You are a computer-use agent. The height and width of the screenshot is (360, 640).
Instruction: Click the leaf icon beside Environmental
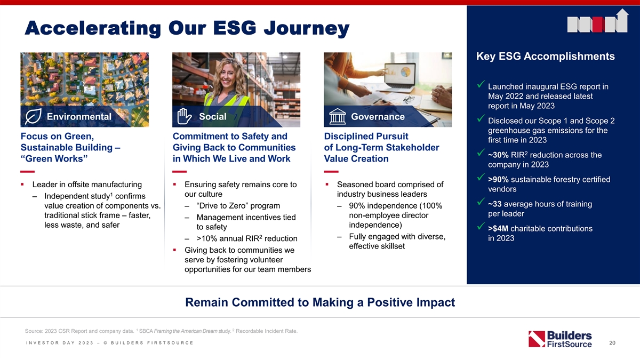[x=33, y=116]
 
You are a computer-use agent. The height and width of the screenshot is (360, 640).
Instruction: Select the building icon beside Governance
[x=337, y=117]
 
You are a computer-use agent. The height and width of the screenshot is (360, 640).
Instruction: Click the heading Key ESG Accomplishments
[x=546, y=57]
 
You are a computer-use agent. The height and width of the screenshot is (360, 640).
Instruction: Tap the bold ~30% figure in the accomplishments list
[x=498, y=155]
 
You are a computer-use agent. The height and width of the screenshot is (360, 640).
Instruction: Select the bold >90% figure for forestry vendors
[x=498, y=179]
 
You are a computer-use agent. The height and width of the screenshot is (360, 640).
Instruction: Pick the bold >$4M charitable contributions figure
[x=498, y=229]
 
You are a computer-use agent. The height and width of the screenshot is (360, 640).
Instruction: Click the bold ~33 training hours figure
[x=495, y=204]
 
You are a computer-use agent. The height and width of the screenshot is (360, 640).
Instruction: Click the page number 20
[x=612, y=343]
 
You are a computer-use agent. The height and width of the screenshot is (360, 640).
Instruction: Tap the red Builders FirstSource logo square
[x=537, y=339]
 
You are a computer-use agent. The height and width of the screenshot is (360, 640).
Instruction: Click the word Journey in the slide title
[x=307, y=29]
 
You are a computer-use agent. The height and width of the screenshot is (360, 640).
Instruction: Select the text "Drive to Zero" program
[x=238, y=206]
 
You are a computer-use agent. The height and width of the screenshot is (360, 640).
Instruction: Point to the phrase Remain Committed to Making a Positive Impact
[x=320, y=302]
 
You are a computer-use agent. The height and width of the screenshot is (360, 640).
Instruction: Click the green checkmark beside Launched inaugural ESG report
[x=481, y=84]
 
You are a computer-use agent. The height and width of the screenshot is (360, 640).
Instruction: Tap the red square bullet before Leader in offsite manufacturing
[x=22, y=185]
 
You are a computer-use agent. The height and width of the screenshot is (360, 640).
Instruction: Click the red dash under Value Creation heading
[x=331, y=171]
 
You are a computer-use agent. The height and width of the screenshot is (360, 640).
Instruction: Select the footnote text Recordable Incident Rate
[x=267, y=331]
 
